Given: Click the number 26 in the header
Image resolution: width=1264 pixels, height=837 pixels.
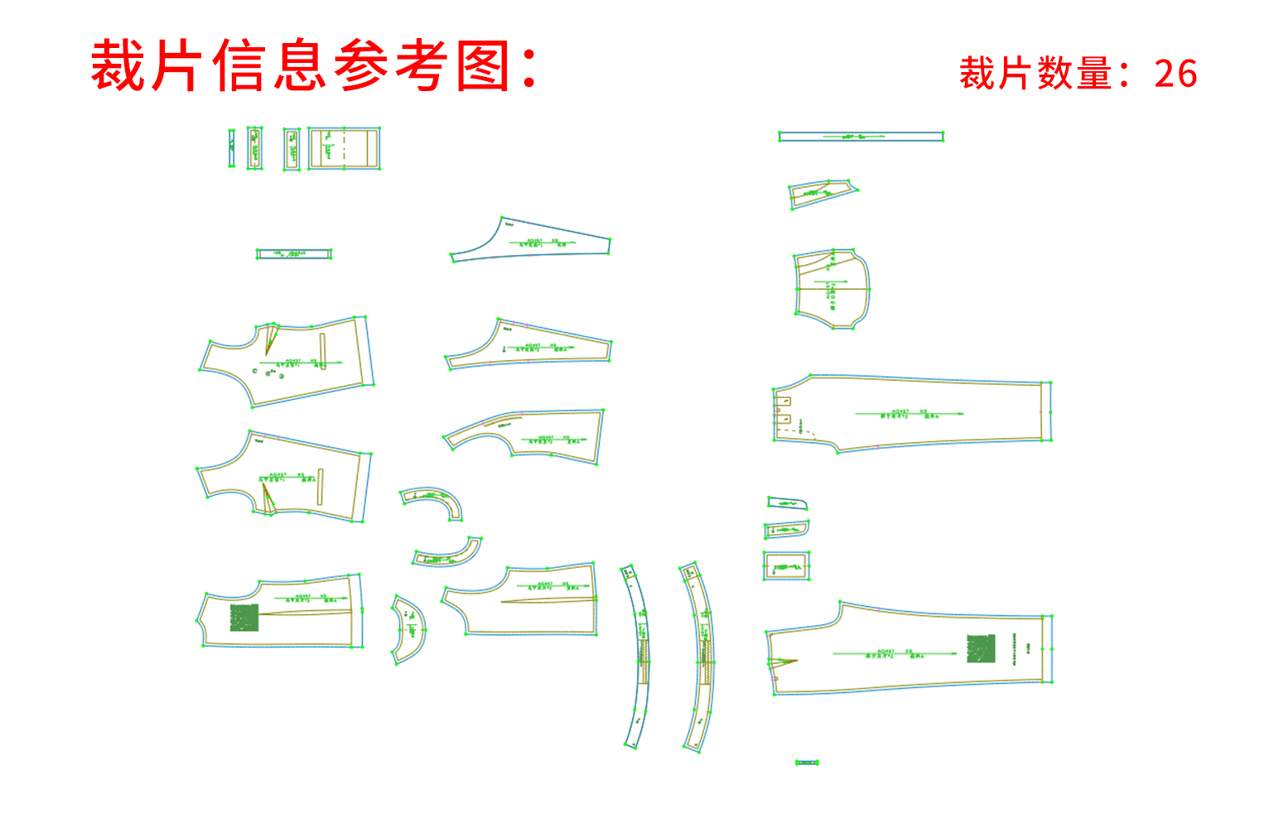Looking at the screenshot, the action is pos(1175,74).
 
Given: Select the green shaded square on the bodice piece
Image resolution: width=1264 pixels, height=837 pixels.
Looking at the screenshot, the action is pos(244,618).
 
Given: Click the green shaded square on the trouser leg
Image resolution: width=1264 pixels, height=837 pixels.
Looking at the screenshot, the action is pos(981,648).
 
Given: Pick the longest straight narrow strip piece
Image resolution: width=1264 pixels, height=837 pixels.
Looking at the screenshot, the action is pos(861,136).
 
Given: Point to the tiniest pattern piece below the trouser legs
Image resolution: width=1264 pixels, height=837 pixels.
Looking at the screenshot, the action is pos(807,762).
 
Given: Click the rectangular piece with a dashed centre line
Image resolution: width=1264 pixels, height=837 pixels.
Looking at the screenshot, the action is pos(344,149).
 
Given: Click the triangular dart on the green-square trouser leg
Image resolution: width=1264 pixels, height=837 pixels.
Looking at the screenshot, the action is pos(782,661).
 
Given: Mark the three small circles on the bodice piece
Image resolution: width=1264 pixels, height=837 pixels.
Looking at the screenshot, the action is pos(268,373).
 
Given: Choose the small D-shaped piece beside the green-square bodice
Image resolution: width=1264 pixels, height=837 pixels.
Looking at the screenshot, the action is pos(408,629).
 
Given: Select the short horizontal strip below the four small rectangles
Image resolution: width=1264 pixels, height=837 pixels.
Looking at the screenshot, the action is pos(293,254).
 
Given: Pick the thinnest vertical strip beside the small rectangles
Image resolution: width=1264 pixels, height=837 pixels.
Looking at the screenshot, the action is pos(232,148).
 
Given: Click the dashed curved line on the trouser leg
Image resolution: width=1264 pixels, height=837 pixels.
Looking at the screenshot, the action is pos(808,431).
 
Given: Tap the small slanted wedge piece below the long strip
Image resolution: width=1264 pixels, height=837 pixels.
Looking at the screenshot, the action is pos(821,193).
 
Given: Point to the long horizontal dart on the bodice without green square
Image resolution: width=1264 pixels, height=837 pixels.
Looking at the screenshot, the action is pos(547,599).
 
